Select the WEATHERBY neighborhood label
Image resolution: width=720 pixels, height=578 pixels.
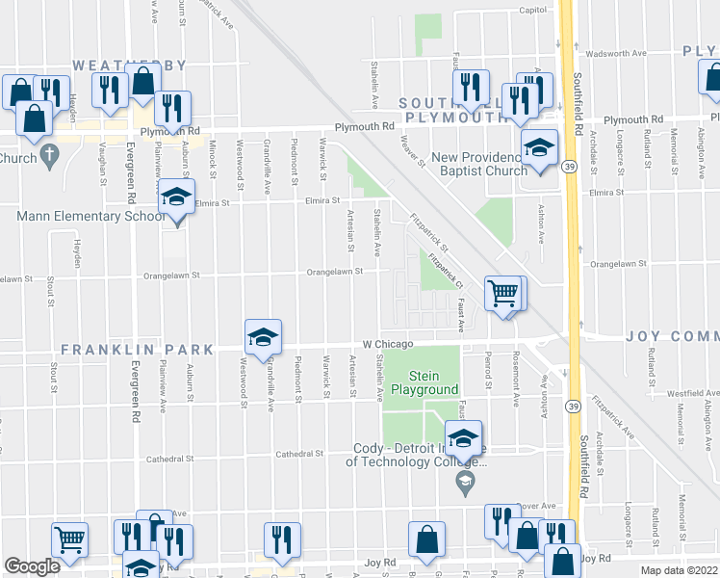click(x=129, y=66)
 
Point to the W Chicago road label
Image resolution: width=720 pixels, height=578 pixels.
click(x=388, y=344)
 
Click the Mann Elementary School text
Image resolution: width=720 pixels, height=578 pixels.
click(x=91, y=216)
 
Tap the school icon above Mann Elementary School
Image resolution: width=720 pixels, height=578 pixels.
click(x=173, y=197)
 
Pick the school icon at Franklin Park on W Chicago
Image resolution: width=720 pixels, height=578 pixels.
click(x=263, y=336)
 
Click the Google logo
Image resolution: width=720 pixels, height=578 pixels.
click(x=32, y=566)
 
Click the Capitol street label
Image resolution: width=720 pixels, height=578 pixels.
click(x=532, y=10)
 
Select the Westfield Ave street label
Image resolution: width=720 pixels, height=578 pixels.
click(x=690, y=393)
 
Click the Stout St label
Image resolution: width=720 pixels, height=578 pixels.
click(x=50, y=290)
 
